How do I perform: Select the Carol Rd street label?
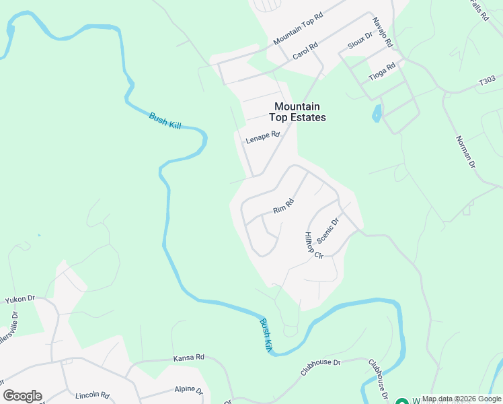tap(305, 51)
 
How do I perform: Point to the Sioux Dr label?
tap(358, 42)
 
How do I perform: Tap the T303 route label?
tap(486, 81)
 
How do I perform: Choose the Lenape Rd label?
tap(262, 137)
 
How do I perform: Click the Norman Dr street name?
tap(465, 151)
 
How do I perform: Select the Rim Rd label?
tap(284, 206)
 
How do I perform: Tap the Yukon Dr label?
tap(20, 299)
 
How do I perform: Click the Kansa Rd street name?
tap(188, 358)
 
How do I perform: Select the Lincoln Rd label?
tap(92, 395)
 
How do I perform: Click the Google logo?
tap(22, 396)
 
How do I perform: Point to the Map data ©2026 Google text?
tap(461, 399)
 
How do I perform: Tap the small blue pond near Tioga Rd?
tap(377, 112)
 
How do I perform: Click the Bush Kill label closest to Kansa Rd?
tap(267, 334)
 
